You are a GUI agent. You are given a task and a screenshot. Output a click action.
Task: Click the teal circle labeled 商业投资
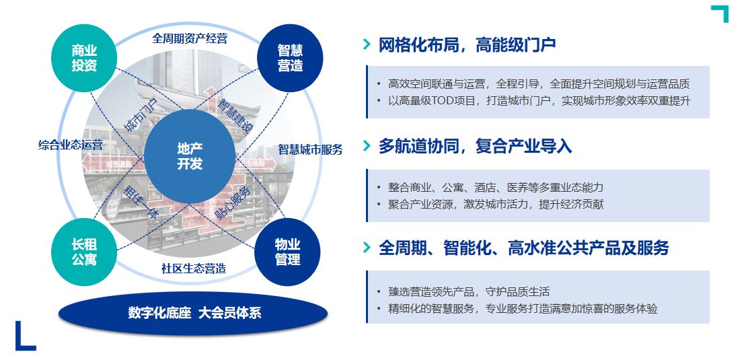pos(85,58)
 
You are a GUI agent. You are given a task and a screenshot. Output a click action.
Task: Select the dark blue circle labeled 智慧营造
pos(291,58)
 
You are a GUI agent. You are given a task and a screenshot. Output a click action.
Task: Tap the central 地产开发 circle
pos(190,156)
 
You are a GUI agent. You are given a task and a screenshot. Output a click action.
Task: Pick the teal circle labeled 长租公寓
pos(85,252)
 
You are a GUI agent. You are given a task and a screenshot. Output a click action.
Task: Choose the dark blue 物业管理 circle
pos(287,252)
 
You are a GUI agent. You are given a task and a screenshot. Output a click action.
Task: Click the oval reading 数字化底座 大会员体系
pos(194,313)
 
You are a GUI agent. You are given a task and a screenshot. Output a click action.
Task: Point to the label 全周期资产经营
pos(189,38)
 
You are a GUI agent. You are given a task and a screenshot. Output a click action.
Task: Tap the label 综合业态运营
pos(71,145)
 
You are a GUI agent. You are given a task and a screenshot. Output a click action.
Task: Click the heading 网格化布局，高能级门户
pos(467,45)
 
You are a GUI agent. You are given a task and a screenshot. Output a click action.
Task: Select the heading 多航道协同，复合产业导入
pos(475,147)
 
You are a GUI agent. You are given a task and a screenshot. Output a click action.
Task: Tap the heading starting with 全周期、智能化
pos(523,248)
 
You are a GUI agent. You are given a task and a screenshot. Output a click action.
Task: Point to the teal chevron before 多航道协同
pos(367,146)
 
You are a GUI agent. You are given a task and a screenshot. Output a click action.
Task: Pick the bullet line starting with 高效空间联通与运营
pos(538,84)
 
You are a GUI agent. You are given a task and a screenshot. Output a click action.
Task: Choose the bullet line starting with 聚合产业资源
pos(495,204)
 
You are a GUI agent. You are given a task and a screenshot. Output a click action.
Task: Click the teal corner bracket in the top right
pos(720,13)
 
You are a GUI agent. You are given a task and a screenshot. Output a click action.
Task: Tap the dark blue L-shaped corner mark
pos(24,336)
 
